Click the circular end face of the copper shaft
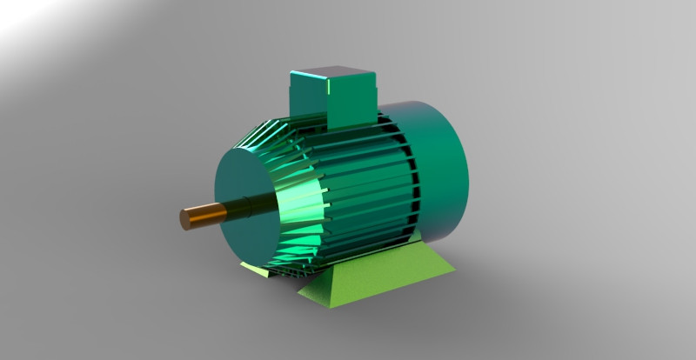click(x=184, y=218)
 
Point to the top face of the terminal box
click(x=331, y=71)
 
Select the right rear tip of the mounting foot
click(x=453, y=272)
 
